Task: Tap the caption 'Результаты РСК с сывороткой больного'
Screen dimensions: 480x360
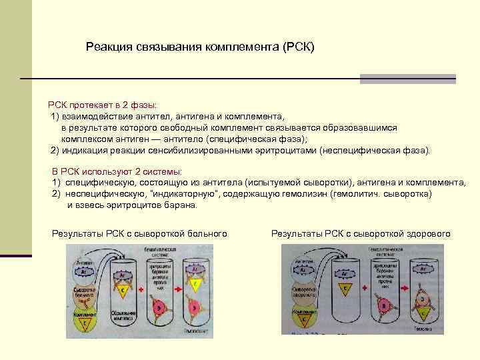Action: [x=139, y=233]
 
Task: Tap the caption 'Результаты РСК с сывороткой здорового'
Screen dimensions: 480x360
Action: [x=361, y=233]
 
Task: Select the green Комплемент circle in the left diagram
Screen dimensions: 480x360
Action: [x=83, y=319]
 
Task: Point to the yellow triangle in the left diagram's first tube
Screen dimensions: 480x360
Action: [x=123, y=291]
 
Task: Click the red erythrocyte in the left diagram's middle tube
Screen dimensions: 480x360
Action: [x=161, y=306]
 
